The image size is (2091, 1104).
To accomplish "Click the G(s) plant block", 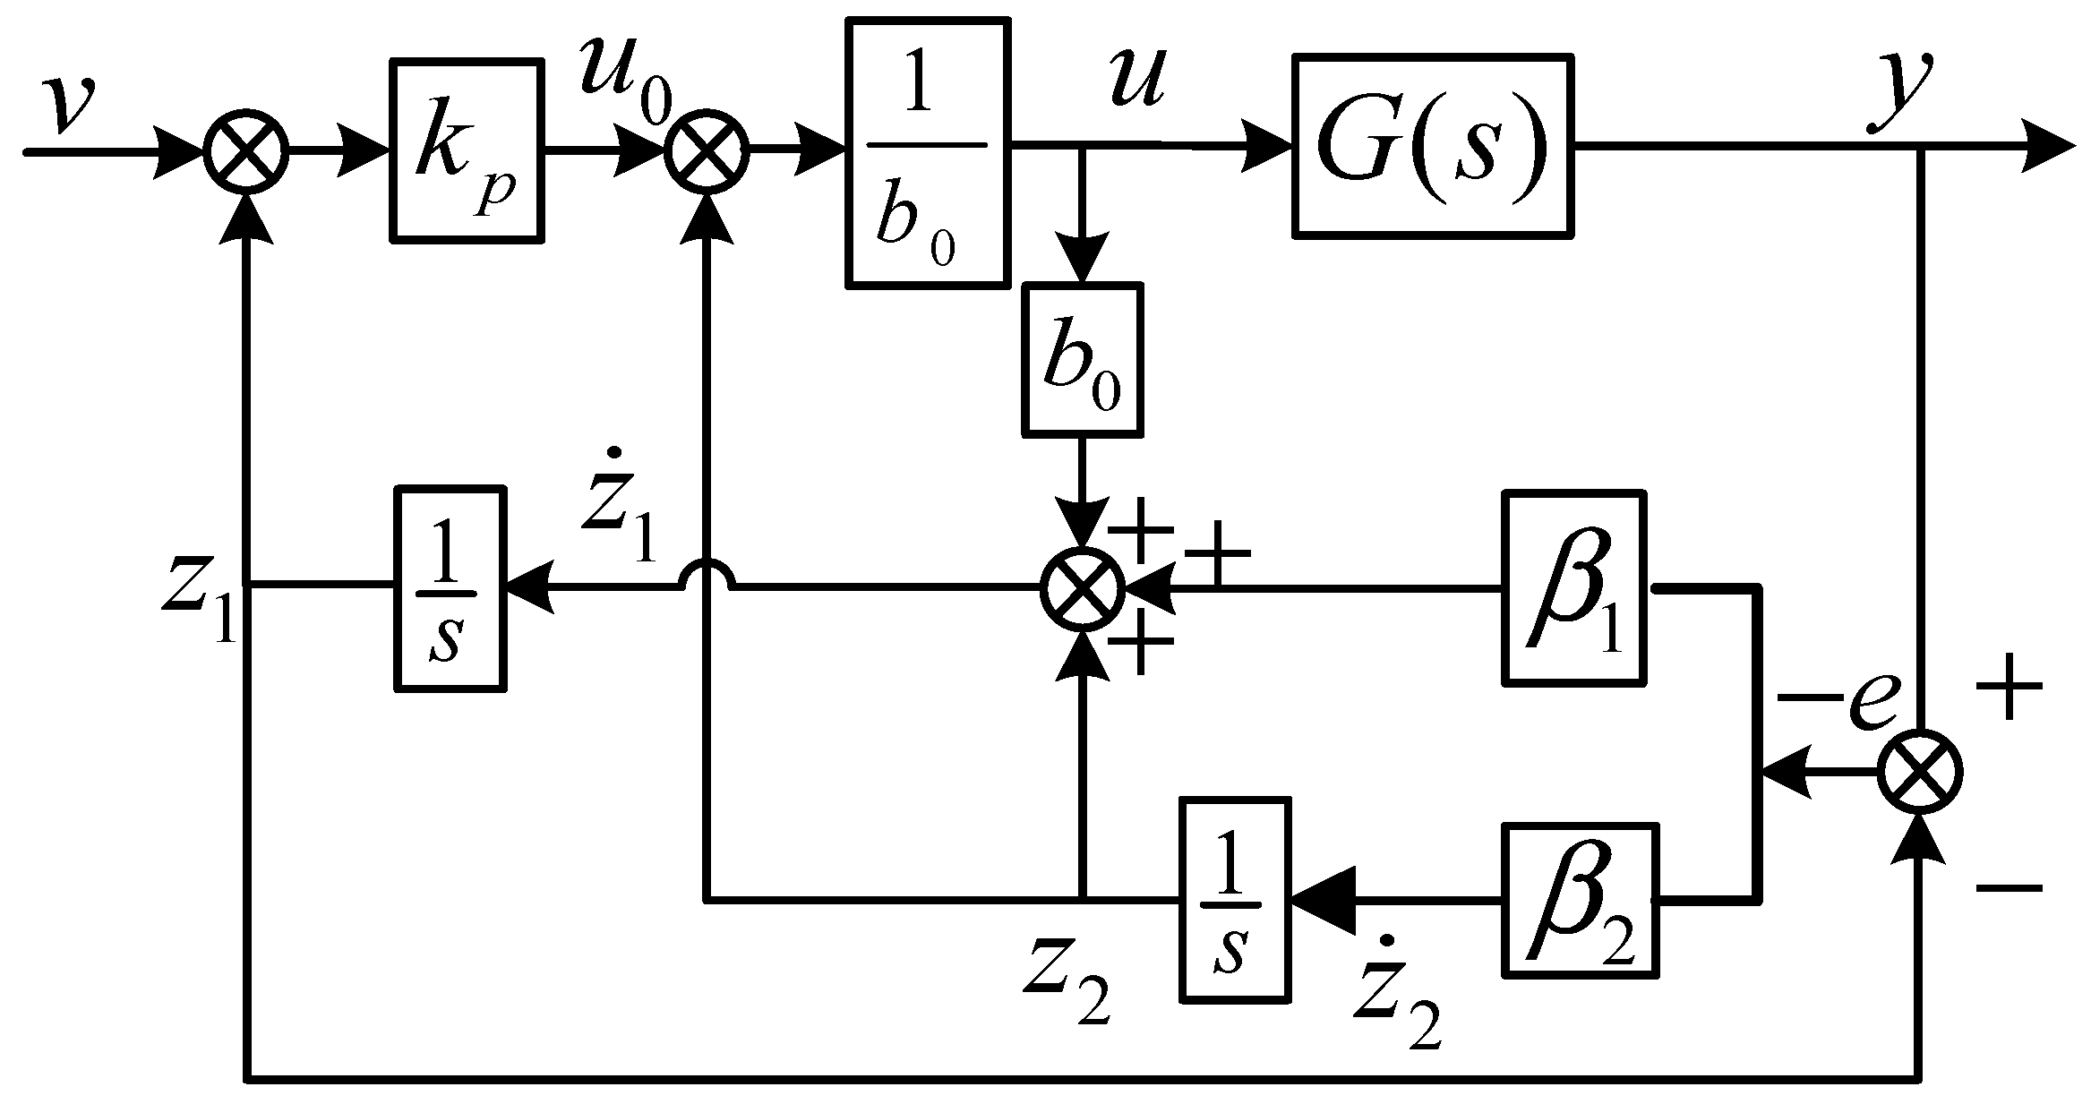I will tap(1433, 145).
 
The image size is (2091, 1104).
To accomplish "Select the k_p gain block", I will tap(467, 150).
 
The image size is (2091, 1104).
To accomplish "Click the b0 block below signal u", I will tap(1084, 360).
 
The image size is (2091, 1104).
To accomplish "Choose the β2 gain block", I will tap(1580, 900).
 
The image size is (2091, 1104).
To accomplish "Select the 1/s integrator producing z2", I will tap(1236, 898).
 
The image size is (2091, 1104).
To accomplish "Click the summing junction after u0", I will tap(707, 152).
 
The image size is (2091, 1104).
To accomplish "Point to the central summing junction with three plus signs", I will tap(1084, 588).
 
